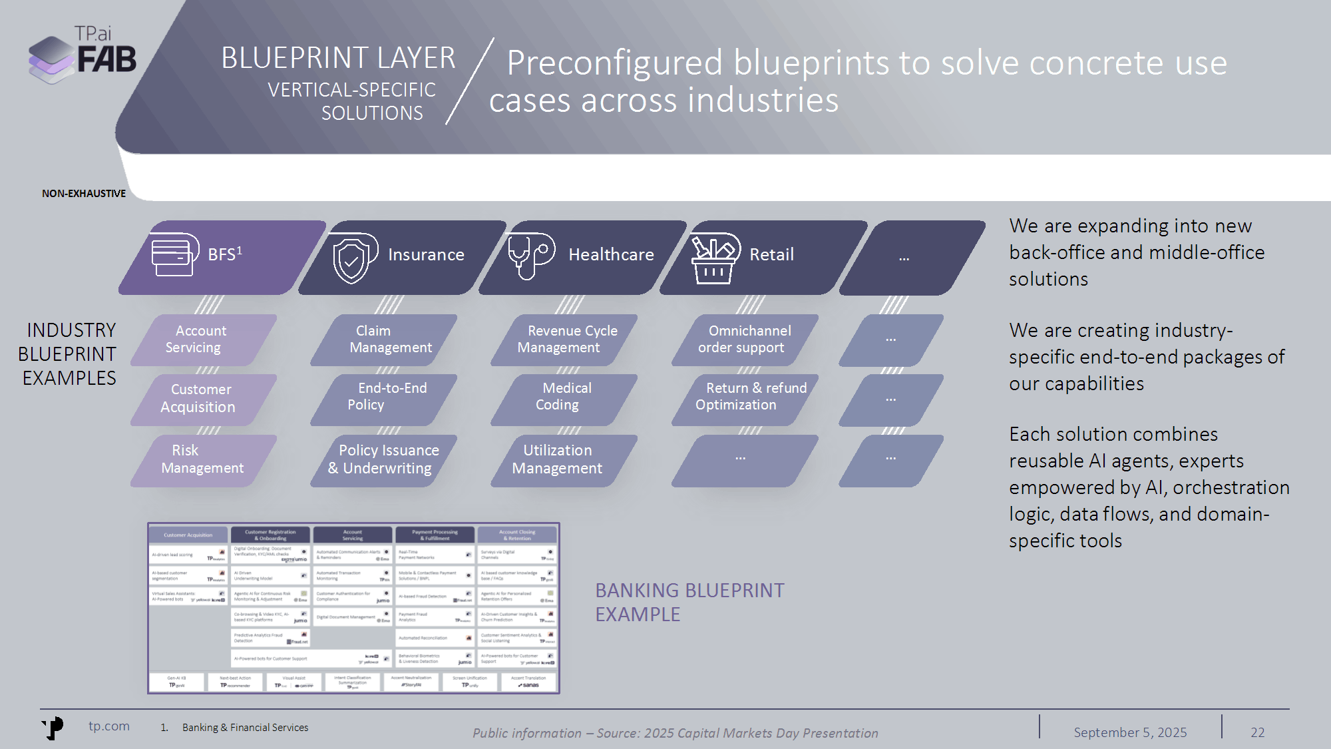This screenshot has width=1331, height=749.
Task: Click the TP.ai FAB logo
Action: (83, 55)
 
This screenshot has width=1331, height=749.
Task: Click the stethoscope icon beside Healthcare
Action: (530, 256)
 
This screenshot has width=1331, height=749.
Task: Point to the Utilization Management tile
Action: (559, 459)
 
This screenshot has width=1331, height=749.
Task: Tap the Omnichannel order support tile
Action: (745, 340)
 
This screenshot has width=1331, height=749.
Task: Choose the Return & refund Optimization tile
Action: (745, 397)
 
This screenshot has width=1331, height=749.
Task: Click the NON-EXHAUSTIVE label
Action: (84, 194)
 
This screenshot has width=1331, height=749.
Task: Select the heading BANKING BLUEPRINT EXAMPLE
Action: (689, 603)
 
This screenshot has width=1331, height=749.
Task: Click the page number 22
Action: (1257, 732)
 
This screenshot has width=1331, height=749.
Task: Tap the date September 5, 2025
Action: (1130, 732)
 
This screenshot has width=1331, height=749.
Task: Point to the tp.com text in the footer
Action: (109, 726)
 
